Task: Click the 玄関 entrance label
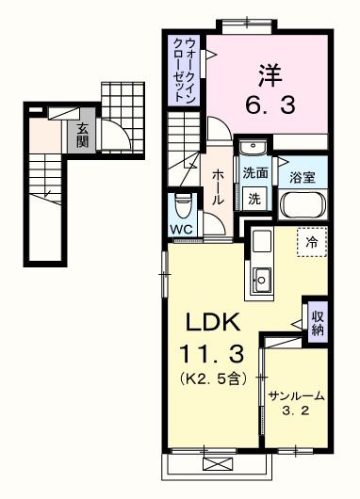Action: coord(83,136)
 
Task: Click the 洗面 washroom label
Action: coord(254,174)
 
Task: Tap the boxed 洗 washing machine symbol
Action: coord(255,198)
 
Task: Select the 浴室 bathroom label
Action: coord(302,176)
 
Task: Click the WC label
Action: coord(183,230)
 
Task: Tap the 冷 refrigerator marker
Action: coord(312,242)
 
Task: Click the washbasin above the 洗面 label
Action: coord(253,151)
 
